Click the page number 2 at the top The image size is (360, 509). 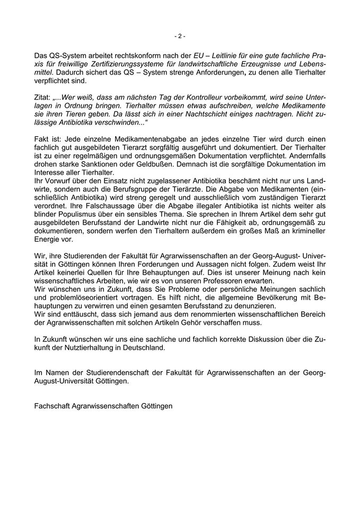tap(180, 36)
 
